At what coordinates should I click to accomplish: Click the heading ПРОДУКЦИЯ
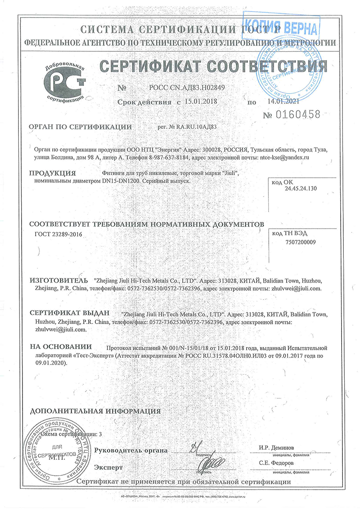point(52,173)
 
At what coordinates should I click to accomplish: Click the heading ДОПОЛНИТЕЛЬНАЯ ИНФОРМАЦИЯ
point(95,410)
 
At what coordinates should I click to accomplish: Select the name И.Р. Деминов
point(276,448)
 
